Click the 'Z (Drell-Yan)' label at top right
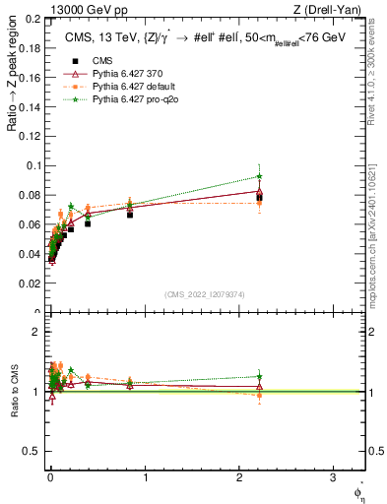coord(332,11)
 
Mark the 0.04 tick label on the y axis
coord(29,254)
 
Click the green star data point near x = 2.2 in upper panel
coord(259,176)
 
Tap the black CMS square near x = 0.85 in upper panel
coord(130,214)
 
